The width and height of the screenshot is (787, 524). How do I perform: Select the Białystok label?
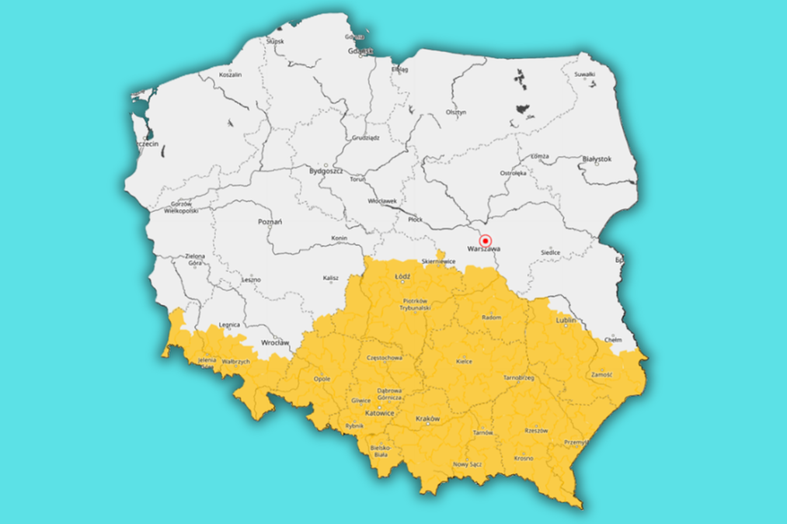[597, 158]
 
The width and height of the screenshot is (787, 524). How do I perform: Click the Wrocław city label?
[275, 342]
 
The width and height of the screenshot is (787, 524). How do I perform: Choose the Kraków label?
[428, 418]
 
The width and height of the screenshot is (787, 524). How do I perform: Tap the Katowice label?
[380, 414]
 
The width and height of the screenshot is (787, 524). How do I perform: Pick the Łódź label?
[402, 276]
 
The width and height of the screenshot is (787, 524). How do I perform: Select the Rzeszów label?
[536, 430]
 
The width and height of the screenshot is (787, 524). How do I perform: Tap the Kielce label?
[465, 361]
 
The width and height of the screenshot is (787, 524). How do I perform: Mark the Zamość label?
[601, 373]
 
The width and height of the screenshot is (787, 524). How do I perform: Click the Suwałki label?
[583, 74]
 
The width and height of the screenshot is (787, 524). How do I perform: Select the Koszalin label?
[231, 75]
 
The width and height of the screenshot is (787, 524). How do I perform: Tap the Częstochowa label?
[384, 358]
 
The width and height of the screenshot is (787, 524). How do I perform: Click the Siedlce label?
[551, 252]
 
